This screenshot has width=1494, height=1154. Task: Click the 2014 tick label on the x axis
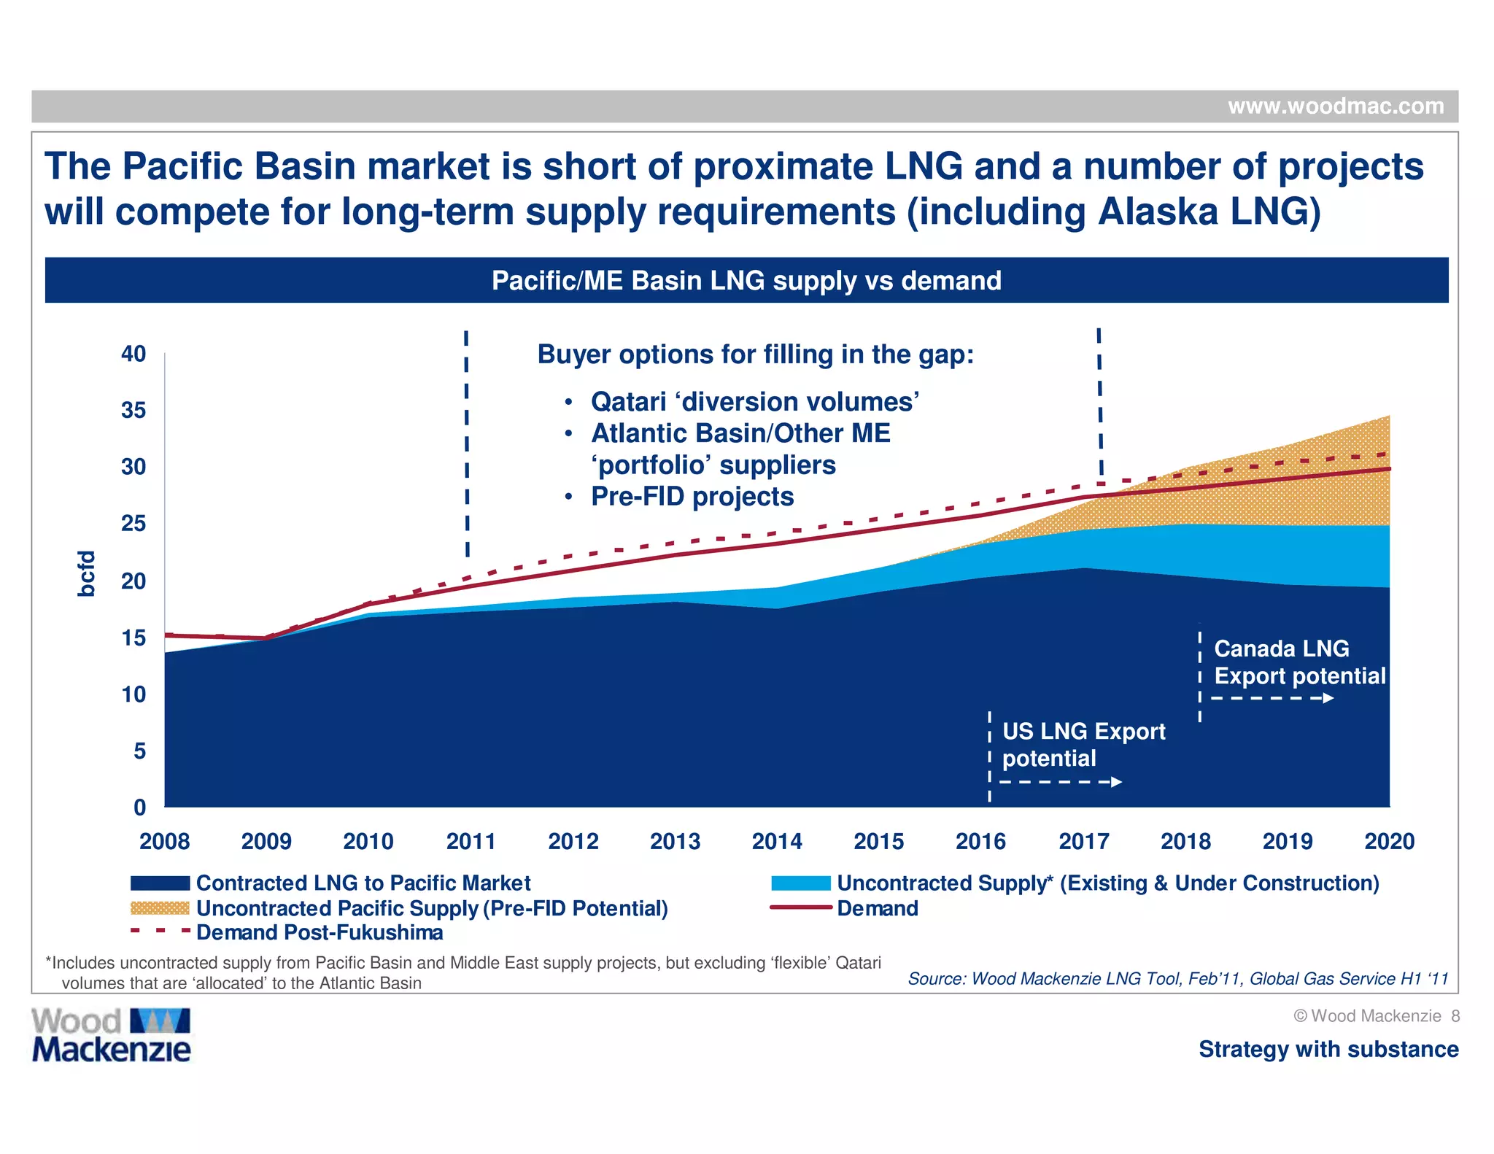[x=777, y=841]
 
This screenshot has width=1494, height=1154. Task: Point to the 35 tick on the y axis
[x=133, y=410]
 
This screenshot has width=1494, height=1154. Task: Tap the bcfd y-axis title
[x=86, y=573]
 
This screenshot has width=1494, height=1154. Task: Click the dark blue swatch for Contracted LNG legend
[x=160, y=883]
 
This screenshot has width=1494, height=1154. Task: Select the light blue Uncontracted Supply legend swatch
[x=800, y=883]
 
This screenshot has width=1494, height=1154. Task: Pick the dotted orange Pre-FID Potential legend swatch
[x=160, y=908]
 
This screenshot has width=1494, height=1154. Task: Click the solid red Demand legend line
[x=800, y=908]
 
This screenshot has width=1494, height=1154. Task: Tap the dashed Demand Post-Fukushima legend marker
[x=160, y=932]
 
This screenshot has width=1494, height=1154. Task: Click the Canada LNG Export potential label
[x=1299, y=662]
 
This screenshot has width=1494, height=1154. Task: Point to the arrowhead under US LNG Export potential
[x=1116, y=782]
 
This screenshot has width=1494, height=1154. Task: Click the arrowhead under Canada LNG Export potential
[x=1328, y=698]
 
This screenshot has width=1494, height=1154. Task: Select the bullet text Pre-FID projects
[x=692, y=497]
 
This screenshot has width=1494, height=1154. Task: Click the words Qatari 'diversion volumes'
[x=754, y=402]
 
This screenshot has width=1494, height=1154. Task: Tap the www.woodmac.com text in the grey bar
[x=1336, y=107]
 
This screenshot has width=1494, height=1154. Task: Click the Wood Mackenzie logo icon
[x=160, y=1021]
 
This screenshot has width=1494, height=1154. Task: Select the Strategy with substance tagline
[x=1328, y=1049]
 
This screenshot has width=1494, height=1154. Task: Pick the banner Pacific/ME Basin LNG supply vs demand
[x=746, y=281]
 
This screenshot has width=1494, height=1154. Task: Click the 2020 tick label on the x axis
[x=1389, y=841]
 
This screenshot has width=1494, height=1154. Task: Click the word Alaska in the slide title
[x=1158, y=212]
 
